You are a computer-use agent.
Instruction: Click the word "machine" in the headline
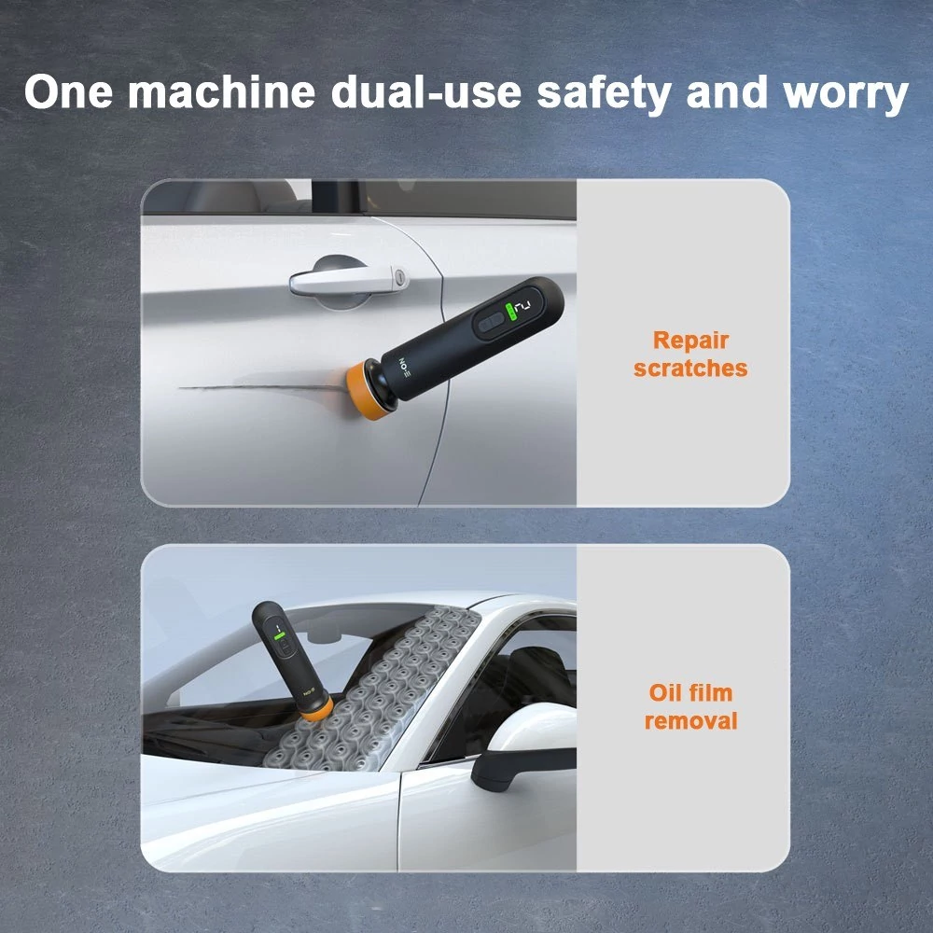[x=221, y=92]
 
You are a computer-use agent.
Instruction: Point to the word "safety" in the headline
[x=604, y=94]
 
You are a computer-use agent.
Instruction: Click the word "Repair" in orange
[x=690, y=341]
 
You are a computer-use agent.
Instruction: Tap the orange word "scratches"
[x=690, y=369]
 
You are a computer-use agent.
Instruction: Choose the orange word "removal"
[x=690, y=720]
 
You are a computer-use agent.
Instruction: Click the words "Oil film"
[x=690, y=692]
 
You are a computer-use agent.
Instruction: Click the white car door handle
[x=348, y=280]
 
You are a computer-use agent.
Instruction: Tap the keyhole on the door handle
[x=399, y=277]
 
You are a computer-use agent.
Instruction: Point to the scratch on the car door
[x=262, y=387]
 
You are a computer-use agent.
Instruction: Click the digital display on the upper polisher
[x=523, y=306]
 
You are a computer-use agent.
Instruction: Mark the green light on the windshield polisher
[x=278, y=635]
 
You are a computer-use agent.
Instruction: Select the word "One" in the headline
[x=68, y=92]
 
